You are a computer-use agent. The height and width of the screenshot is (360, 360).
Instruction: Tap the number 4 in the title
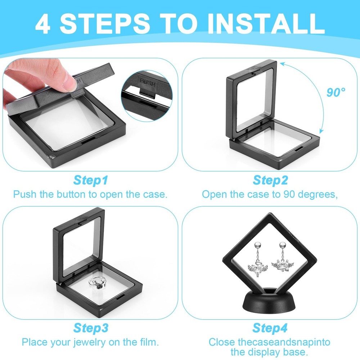(x=42, y=24)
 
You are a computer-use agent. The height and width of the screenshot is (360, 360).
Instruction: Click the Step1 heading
(x=90, y=180)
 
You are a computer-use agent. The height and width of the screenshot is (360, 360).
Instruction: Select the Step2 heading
(x=270, y=180)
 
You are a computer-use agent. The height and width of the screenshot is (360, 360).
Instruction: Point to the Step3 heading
(x=90, y=328)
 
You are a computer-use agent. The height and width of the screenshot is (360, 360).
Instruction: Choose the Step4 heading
(x=270, y=328)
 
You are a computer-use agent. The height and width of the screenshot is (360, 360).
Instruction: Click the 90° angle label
(x=336, y=92)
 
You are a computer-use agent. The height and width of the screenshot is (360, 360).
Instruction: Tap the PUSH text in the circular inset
(x=147, y=81)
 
